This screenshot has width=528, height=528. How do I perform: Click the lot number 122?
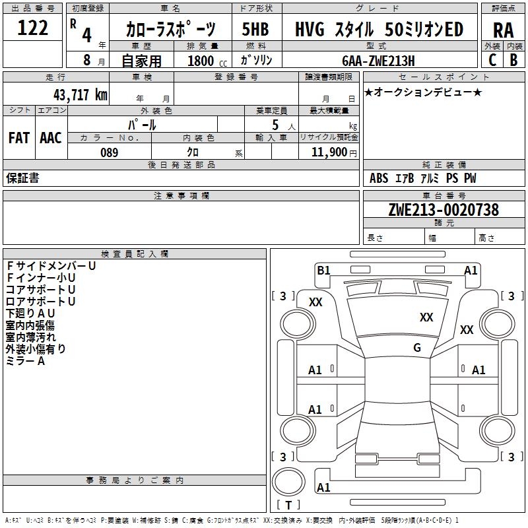(32, 27)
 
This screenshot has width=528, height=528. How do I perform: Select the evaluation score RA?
(503, 30)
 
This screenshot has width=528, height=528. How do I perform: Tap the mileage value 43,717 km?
(81, 94)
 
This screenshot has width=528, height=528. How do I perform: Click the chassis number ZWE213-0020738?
(444, 210)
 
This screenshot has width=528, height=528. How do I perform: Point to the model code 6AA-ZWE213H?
(378, 61)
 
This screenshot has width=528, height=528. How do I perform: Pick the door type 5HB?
(255, 29)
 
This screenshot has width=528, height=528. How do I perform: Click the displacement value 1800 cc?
(207, 61)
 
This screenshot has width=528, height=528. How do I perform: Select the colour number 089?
(110, 152)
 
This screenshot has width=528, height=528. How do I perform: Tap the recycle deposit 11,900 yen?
(334, 152)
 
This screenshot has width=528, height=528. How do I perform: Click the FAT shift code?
(19, 138)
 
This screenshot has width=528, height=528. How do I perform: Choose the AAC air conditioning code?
(51, 138)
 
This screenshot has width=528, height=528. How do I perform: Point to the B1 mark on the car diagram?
(323, 270)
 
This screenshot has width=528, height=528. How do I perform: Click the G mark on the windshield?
(417, 348)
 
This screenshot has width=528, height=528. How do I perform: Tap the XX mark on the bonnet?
(426, 317)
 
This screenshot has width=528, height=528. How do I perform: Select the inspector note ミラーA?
(25, 361)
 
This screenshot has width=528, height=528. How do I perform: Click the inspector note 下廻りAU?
(30, 313)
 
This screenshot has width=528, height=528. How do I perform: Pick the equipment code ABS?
(379, 178)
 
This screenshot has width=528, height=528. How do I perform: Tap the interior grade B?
(513, 60)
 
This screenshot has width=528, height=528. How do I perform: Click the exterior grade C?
(492, 60)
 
